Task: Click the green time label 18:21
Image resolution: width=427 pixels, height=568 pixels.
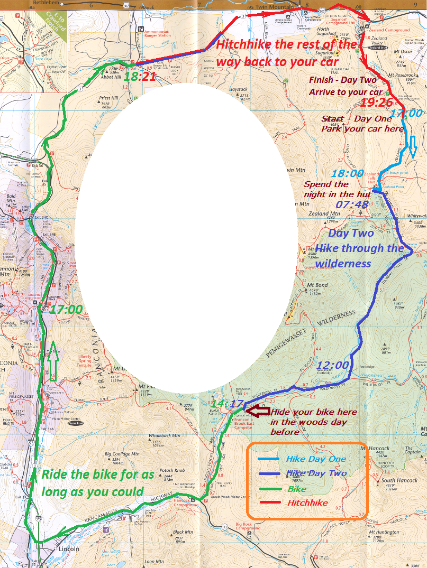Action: click(140, 77)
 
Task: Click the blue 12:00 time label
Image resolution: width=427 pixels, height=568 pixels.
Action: click(333, 365)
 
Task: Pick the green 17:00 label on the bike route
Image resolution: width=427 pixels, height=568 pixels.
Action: click(66, 309)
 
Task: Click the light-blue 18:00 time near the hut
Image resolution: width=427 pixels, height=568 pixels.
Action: click(347, 173)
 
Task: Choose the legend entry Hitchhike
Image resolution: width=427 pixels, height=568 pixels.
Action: click(307, 503)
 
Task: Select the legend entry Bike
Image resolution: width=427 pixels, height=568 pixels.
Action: click(297, 489)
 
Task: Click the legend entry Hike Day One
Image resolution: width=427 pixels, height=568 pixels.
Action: click(316, 459)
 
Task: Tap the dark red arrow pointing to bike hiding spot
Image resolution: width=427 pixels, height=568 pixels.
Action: click(259, 411)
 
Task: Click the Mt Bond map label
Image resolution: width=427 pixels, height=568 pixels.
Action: click(317, 285)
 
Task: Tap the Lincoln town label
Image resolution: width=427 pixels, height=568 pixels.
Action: click(69, 549)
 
